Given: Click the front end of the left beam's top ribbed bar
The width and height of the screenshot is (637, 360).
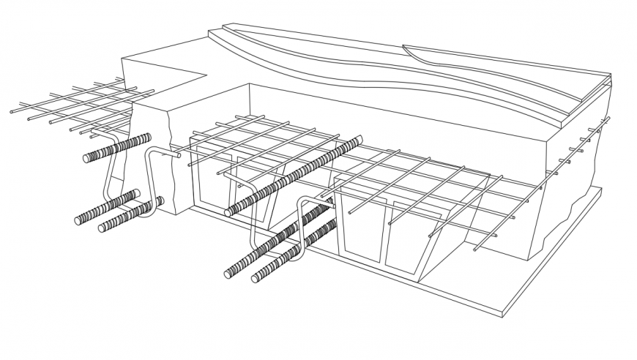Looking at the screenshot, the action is [87, 157].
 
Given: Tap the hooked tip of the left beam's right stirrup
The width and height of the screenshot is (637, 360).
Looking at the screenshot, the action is [177, 154].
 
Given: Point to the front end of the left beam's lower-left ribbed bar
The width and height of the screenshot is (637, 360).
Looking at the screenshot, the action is [78, 220].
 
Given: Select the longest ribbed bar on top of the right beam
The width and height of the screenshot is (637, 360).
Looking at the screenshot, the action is [293, 176].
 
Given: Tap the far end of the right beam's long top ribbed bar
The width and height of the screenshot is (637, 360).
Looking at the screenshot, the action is [360, 140].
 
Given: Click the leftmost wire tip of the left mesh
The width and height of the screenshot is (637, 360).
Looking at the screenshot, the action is [12, 112].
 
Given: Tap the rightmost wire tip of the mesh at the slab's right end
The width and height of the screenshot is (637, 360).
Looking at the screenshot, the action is [608, 119].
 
